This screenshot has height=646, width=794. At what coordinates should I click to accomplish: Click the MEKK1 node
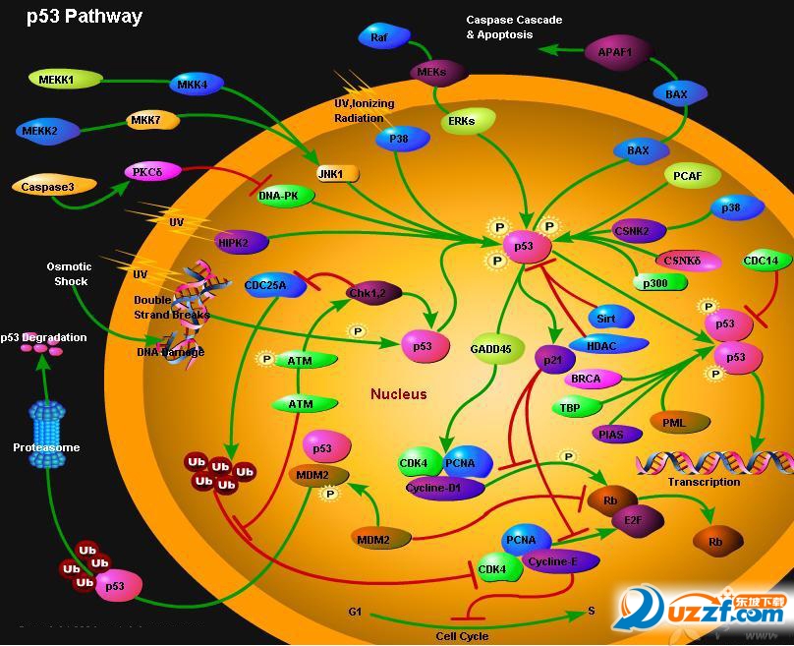pyautogui.click(x=57, y=78)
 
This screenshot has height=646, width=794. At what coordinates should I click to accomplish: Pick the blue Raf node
pyautogui.click(x=380, y=37)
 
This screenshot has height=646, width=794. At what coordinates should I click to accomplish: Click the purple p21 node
pyautogui.click(x=553, y=361)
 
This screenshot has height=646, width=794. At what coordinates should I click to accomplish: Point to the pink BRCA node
pyautogui.click(x=587, y=379)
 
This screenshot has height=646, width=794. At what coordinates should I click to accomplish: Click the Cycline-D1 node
pyautogui.click(x=445, y=487)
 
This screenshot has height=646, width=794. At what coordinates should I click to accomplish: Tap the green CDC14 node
pyautogui.click(x=764, y=262)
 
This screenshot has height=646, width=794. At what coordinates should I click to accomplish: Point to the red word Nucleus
pyautogui.click(x=399, y=394)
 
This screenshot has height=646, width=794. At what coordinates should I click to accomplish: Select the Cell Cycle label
pyautogui.click(x=462, y=635)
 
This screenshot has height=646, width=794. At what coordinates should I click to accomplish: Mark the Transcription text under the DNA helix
pyautogui.click(x=704, y=482)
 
